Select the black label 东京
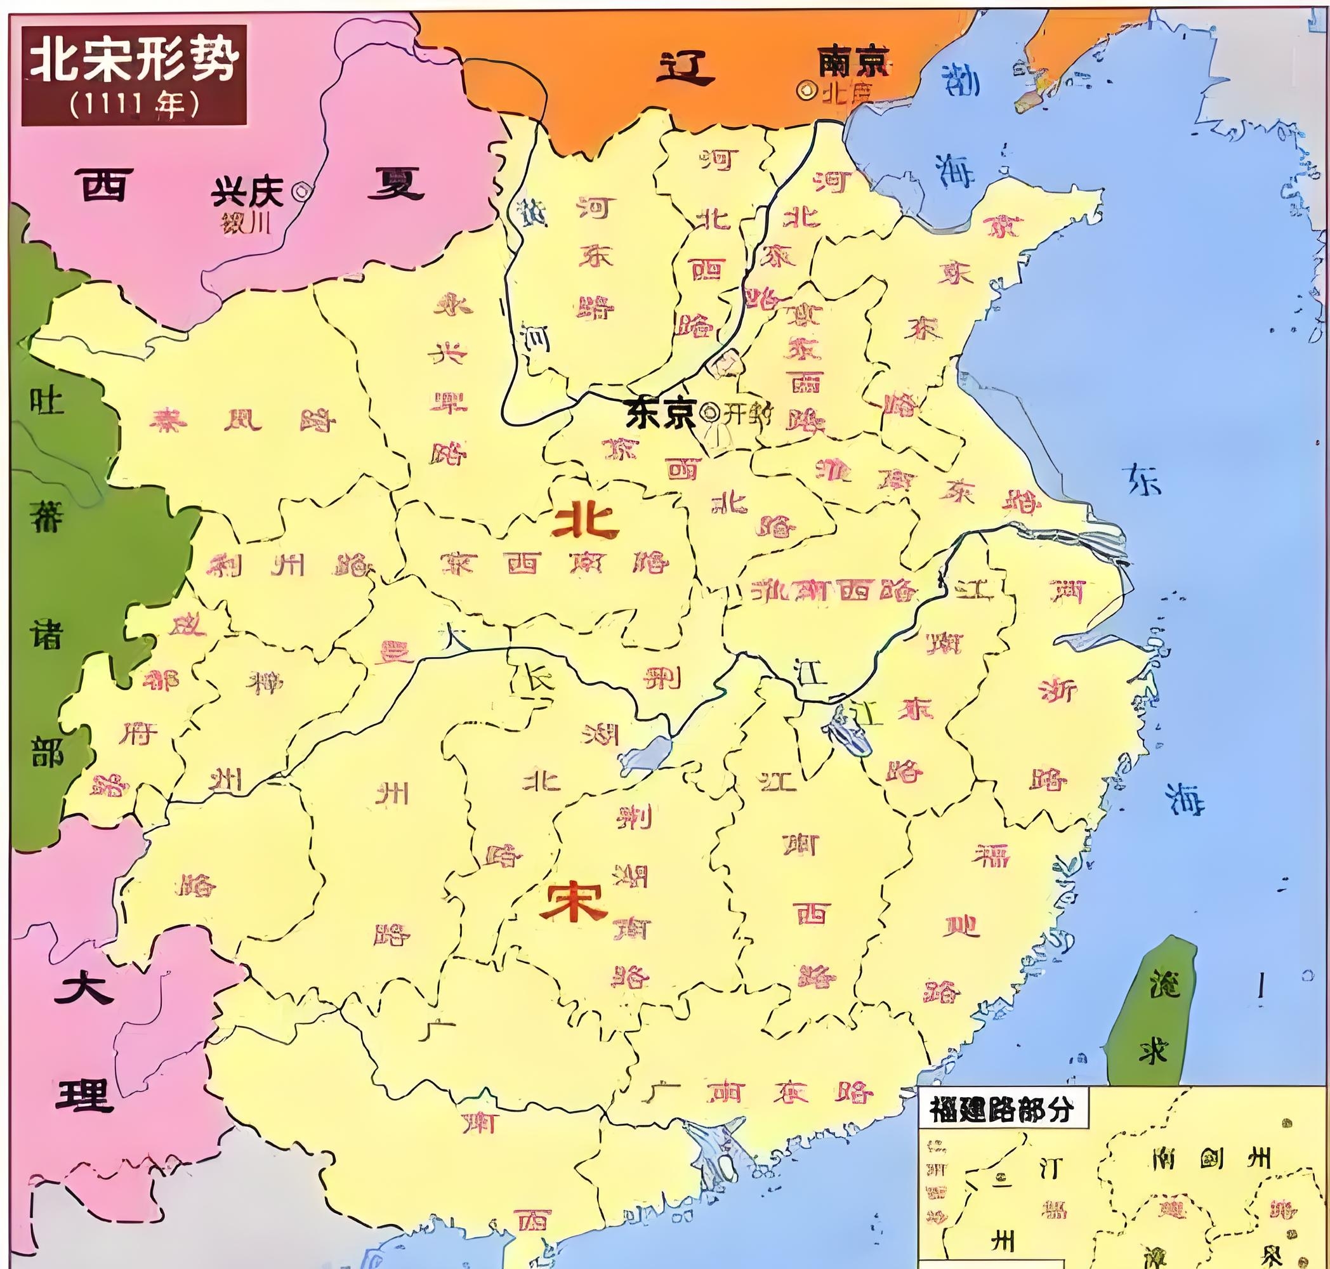(659, 413)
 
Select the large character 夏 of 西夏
(396, 183)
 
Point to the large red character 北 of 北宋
(586, 521)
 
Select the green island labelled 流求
(1152, 1008)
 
